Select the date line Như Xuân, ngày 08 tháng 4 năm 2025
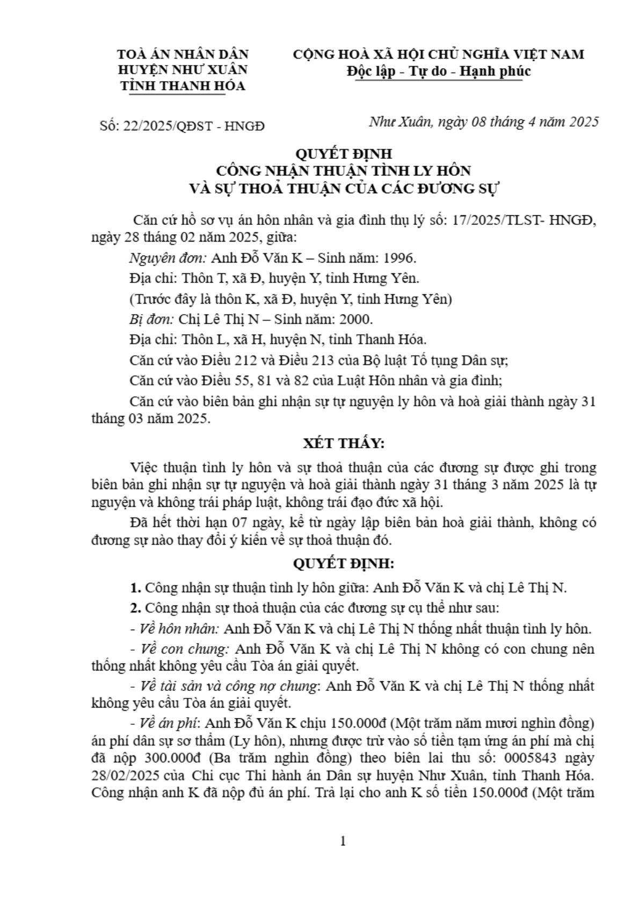coord(483,122)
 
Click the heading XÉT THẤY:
coord(343,443)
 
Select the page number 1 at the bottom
coord(343,841)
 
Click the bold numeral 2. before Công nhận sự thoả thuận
coord(135,608)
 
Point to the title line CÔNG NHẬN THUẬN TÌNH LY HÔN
coord(343,171)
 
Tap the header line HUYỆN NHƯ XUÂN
coord(183,70)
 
